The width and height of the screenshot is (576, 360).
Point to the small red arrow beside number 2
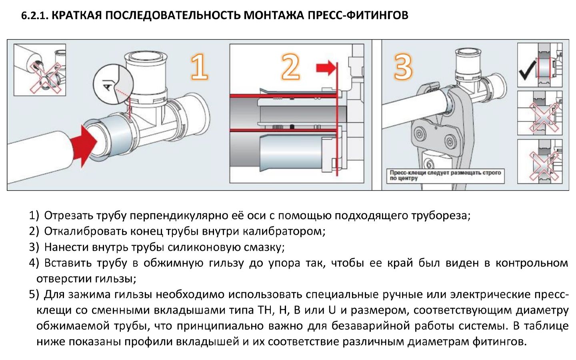point(325,68)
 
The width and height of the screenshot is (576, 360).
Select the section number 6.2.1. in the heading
point(35,16)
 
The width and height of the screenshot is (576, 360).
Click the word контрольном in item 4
point(532,263)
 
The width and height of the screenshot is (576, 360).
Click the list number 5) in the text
point(34,294)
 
